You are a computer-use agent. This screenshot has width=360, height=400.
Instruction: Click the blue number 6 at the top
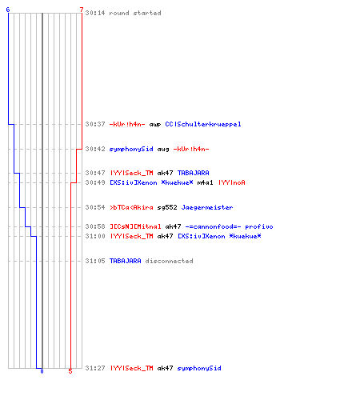pyautogui.click(x=8, y=10)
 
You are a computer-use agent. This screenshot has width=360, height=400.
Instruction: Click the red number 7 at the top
pyautogui.click(x=82, y=10)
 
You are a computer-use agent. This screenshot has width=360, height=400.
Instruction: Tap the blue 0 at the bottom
pyautogui.click(x=42, y=371)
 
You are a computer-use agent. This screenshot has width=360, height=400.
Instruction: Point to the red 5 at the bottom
pyautogui.click(x=70, y=371)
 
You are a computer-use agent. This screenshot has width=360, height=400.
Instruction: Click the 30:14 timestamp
pyautogui.click(x=95, y=13)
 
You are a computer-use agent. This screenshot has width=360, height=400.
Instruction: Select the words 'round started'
pyautogui.click(x=135, y=13)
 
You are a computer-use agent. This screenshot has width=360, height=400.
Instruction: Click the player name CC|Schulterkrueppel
pyautogui.click(x=203, y=124)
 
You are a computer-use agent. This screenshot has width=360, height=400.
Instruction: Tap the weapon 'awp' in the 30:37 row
pyautogui.click(x=155, y=125)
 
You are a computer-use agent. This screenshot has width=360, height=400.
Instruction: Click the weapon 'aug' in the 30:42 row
pyautogui.click(x=163, y=150)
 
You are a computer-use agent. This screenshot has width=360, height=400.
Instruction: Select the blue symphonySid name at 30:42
pyautogui.click(x=131, y=149)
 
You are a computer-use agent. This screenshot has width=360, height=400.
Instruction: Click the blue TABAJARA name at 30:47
pyautogui.click(x=194, y=173)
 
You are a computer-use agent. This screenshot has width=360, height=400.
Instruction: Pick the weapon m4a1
pyautogui.click(x=205, y=182)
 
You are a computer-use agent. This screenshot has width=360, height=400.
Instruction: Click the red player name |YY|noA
pyautogui.click(x=232, y=182)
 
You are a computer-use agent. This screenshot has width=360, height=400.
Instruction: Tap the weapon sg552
pyautogui.click(x=167, y=207)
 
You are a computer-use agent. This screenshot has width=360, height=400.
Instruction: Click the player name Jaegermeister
pyautogui.click(x=207, y=207)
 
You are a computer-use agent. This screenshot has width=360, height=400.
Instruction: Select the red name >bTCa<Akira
pyautogui.click(x=131, y=207)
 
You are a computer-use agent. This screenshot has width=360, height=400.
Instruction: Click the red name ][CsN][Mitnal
pyautogui.click(x=135, y=226)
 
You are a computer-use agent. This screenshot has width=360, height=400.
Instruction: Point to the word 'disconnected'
pyautogui.click(x=169, y=261)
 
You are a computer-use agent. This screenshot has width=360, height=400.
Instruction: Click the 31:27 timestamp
pyautogui.click(x=95, y=368)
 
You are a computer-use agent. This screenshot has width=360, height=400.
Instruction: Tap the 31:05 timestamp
pyautogui.click(x=95, y=261)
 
